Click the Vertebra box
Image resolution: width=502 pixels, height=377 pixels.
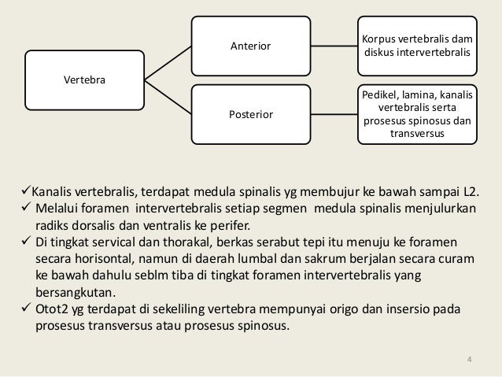tap(85, 80)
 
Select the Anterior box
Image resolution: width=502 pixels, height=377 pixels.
tap(250, 46)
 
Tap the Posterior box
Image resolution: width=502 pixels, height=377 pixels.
tap(250, 115)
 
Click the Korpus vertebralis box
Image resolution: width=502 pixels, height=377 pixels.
tap(417, 46)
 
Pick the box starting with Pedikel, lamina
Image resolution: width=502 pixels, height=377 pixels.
tap(417, 115)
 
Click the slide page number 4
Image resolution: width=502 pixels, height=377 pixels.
tap(470, 361)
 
